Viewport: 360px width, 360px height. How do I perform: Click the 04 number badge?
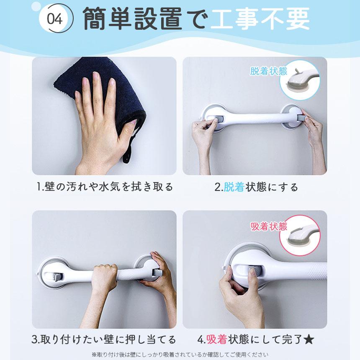pyautogui.click(x=55, y=18)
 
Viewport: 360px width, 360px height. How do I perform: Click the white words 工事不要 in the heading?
pyautogui.click(x=260, y=18)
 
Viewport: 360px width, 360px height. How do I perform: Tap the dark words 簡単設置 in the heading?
pyautogui.click(x=133, y=18)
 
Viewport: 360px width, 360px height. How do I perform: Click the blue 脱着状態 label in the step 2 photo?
pyautogui.click(x=268, y=71)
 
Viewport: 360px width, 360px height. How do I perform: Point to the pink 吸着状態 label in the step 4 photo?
pyautogui.click(x=268, y=226)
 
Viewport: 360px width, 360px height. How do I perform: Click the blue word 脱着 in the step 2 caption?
pyautogui.click(x=234, y=187)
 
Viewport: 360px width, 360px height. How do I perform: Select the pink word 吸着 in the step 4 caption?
pyautogui.click(x=217, y=339)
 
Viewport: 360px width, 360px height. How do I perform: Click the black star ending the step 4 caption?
pyautogui.click(x=309, y=339)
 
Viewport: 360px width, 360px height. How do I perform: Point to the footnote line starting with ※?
pyautogui.click(x=180, y=355)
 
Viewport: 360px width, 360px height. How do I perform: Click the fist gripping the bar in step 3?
pyautogui.click(x=105, y=275)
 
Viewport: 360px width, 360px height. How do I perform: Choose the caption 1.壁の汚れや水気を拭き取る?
pyautogui.click(x=105, y=187)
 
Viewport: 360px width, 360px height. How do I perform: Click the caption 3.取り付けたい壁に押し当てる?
pyautogui.click(x=103, y=339)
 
